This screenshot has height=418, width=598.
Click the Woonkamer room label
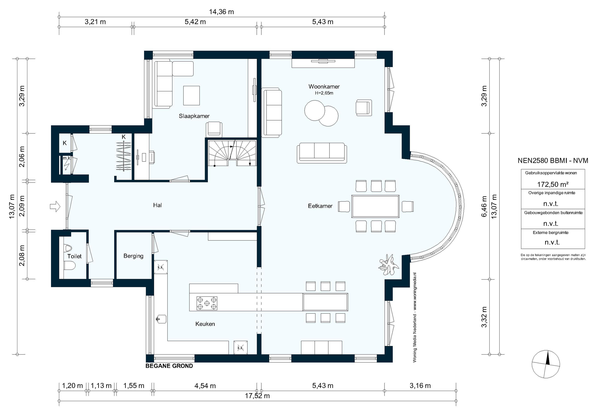[324, 86]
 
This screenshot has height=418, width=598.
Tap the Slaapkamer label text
[194, 116]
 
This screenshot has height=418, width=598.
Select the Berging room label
[133, 256]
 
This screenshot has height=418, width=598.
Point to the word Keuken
[205, 324]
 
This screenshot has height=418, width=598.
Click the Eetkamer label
[320, 206]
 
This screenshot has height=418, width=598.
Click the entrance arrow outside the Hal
[55, 207]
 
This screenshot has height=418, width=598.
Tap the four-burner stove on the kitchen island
[207, 303]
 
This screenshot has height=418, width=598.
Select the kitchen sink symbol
[161, 319]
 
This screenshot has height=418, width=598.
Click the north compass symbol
[546, 364]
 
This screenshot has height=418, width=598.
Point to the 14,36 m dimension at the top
[221, 12]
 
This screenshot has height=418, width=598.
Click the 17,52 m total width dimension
[257, 396]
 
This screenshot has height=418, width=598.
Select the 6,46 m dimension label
[484, 206]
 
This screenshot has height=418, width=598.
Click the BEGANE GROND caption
[169, 366]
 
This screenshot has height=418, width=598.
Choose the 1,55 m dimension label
[134, 386]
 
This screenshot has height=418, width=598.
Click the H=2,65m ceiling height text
[324, 93]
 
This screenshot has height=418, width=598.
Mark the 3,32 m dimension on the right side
[484, 317]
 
